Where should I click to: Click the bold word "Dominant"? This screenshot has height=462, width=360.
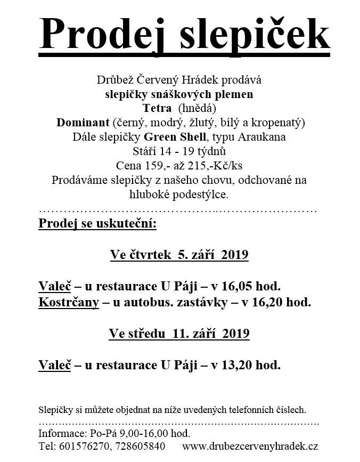(x=82, y=123)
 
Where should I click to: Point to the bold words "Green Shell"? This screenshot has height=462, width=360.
(x=178, y=136)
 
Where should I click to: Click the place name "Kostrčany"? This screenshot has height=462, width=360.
(x=68, y=302)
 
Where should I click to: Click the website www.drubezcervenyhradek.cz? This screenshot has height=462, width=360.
(x=250, y=445)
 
